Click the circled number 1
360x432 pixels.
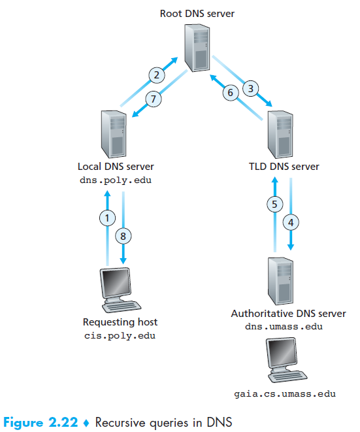[107, 218]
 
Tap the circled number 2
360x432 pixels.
[157, 75]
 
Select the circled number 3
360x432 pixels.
[251, 88]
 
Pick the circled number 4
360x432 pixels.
[291, 222]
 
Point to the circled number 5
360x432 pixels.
[275, 204]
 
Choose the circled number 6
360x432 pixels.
[231, 93]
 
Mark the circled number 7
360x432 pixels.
[154, 99]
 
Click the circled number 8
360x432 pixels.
[123, 236]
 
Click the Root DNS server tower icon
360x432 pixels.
[197, 48]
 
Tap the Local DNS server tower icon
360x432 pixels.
[114, 135]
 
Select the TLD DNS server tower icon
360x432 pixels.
[280, 135]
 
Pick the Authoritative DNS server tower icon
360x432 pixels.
[280, 281]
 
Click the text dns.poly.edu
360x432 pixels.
[116, 180]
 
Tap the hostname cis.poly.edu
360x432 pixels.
[120, 336]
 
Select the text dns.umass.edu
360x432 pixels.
[284, 327]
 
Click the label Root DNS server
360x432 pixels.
[197, 14]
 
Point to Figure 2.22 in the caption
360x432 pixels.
[41, 422]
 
